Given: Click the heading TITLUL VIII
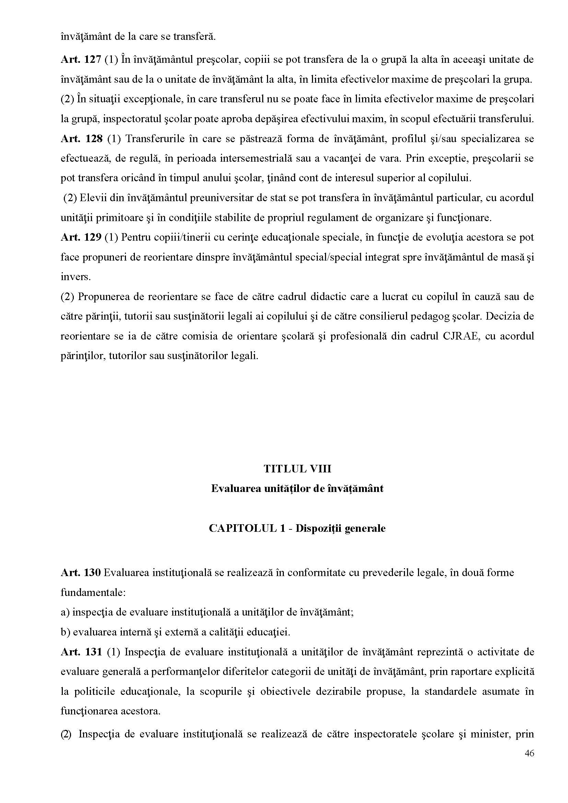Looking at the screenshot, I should (297, 469).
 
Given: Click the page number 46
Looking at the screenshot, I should (529, 763).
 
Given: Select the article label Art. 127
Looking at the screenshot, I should (81, 60).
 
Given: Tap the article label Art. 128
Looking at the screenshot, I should (81, 139).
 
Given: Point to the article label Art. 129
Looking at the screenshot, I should (81, 238).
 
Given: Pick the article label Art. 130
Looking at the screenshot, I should (81, 573).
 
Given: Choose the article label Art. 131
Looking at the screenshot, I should (81, 652).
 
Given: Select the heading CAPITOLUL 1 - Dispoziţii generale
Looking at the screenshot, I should (297, 528).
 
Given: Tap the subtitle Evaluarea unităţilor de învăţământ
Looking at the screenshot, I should (297, 489).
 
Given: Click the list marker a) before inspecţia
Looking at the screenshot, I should (65, 612).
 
